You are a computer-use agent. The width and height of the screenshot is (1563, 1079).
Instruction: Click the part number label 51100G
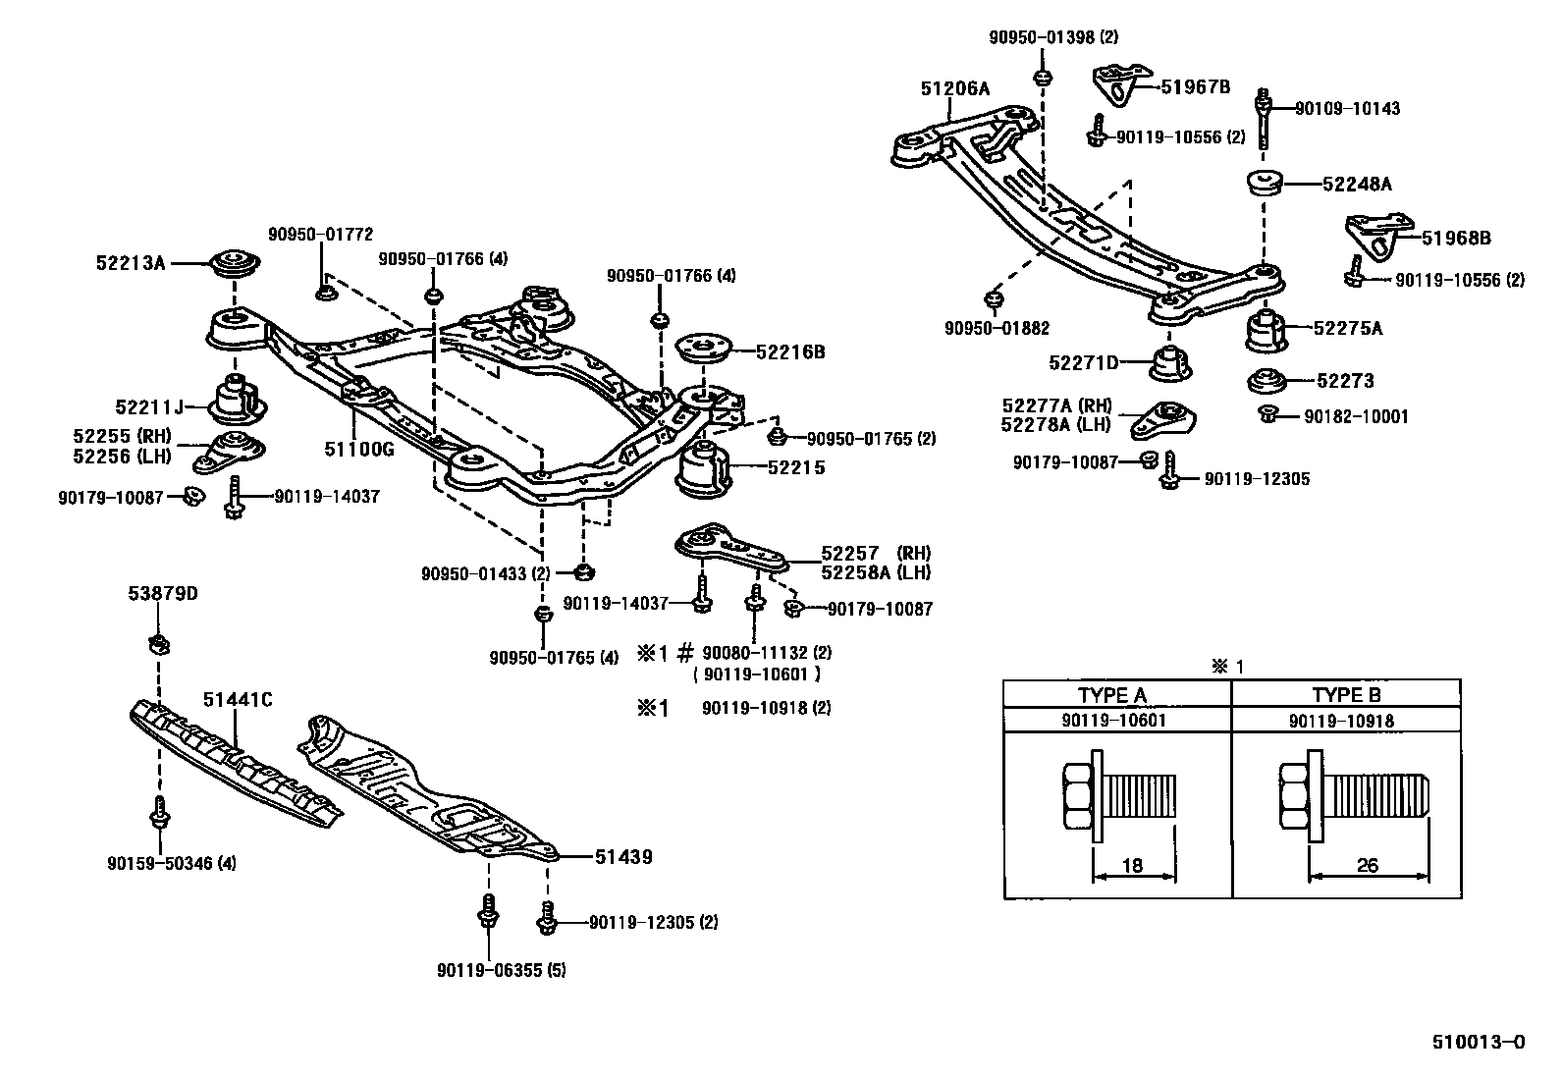pyautogui.click(x=358, y=449)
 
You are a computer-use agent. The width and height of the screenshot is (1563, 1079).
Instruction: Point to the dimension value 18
pyautogui.click(x=1132, y=865)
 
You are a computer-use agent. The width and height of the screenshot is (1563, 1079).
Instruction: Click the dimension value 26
pyautogui.click(x=1367, y=865)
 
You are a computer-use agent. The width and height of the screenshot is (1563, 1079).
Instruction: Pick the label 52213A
pyautogui.click(x=132, y=263)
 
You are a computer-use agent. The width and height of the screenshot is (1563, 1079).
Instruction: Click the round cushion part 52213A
pyautogui.click(x=235, y=265)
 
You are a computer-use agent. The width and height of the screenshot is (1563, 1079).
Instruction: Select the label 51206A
pyautogui.click(x=954, y=88)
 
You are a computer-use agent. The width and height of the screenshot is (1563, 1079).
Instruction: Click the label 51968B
pyautogui.click(x=1457, y=238)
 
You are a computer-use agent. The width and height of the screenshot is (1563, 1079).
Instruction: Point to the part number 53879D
pyautogui.click(x=162, y=594)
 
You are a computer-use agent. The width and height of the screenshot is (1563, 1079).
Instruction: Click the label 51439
pyautogui.click(x=622, y=857)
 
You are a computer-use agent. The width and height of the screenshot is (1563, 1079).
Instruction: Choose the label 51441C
pyautogui.click(x=238, y=700)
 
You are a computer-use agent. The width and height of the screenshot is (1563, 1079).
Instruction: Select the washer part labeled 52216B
pyautogui.click(x=705, y=349)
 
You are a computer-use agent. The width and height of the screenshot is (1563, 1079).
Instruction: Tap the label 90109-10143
pyautogui.click(x=1347, y=109)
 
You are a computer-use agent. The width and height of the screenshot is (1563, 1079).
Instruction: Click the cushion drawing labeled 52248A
pyautogui.click(x=1265, y=184)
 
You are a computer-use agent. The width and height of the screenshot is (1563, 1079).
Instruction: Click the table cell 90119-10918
pyautogui.click(x=1341, y=721)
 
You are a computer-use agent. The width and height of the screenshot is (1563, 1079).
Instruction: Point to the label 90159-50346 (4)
pyautogui.click(x=172, y=864)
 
